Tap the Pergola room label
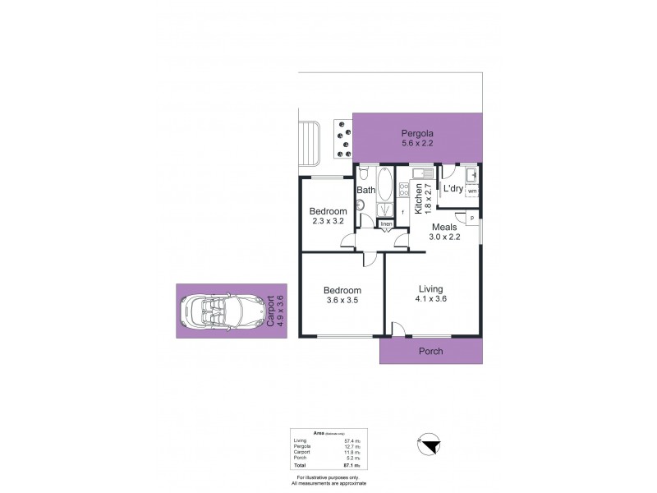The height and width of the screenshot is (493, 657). (x=417, y=133)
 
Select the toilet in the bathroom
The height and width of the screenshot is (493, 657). (x=363, y=173)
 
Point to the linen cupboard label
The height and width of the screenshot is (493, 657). (x=384, y=223)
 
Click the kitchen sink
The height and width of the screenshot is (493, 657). (x=420, y=174)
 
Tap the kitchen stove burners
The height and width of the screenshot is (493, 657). (x=403, y=191)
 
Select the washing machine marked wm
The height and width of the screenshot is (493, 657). (x=472, y=191)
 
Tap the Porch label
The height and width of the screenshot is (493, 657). (x=431, y=351)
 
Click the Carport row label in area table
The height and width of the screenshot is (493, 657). (x=302, y=454)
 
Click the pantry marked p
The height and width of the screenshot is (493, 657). (x=471, y=217)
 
